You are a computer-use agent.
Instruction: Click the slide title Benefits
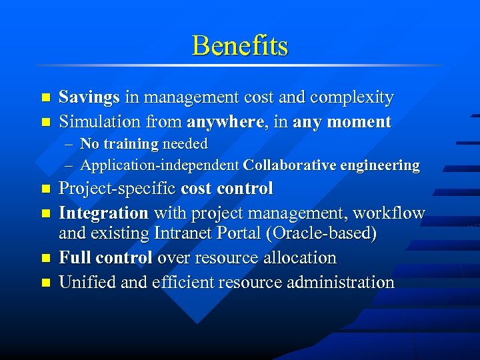(x=240, y=45)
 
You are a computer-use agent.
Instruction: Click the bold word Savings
(x=89, y=97)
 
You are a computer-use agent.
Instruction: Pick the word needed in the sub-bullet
(x=185, y=143)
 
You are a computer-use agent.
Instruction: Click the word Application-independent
(x=159, y=165)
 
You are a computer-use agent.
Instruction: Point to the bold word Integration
(x=103, y=213)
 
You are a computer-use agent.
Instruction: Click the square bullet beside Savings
(x=45, y=98)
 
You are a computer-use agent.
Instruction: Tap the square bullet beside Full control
(x=45, y=258)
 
